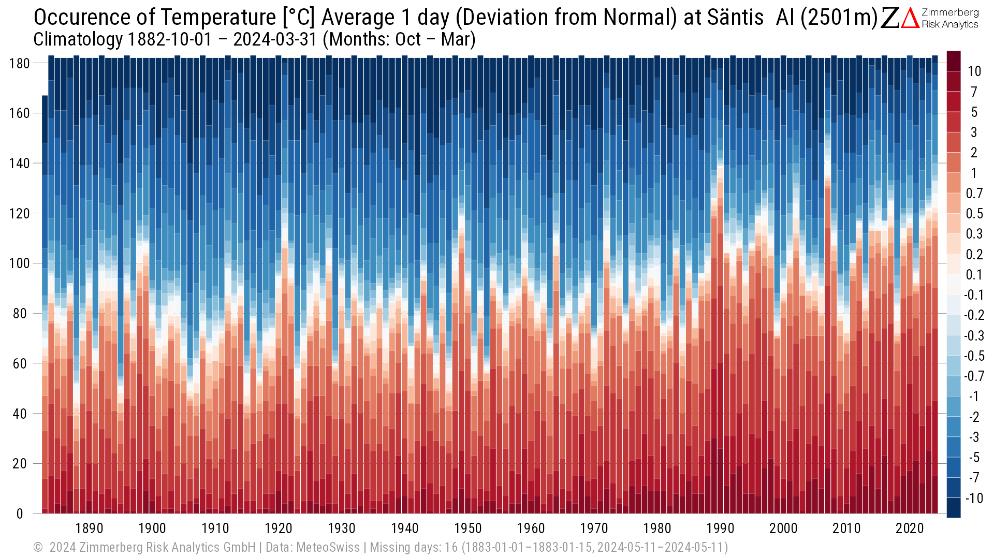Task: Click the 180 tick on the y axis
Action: point(20,64)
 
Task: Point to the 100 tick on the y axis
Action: point(20,263)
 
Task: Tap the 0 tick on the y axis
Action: point(20,514)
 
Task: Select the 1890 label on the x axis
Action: point(89,528)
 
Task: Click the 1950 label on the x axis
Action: point(468,528)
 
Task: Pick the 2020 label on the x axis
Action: point(910,528)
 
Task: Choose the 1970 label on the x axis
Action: point(594,528)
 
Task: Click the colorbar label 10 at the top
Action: point(974,71)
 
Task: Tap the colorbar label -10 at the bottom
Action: point(973,498)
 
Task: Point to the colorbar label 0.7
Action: point(974,194)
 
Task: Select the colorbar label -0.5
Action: point(973,356)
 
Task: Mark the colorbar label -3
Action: point(973,437)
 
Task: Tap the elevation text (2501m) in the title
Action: point(839,18)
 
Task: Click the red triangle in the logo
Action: point(910,19)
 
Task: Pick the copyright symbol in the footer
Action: point(38,548)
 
